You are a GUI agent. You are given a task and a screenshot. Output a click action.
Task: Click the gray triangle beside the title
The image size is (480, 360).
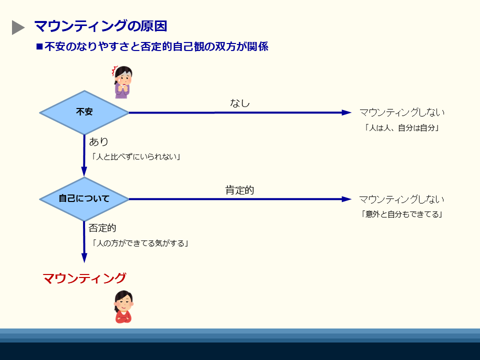point(18,27)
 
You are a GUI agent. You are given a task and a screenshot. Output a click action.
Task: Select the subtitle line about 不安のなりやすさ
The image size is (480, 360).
point(152,47)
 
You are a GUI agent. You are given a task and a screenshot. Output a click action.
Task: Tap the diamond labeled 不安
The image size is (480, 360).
point(84,112)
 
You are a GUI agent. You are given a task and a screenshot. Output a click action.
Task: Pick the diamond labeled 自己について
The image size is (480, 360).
point(84,198)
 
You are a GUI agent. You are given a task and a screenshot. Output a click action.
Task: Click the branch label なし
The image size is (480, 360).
point(239,103)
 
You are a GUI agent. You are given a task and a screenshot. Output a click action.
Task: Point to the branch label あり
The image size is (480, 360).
point(98,142)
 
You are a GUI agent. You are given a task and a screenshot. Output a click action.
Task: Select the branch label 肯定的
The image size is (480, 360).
point(239,190)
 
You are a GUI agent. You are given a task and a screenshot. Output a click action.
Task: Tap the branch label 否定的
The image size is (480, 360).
point(102,228)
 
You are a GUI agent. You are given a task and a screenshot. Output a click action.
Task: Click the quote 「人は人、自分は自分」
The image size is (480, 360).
point(401,127)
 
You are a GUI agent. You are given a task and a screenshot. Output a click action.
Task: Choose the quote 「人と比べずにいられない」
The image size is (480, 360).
point(136,156)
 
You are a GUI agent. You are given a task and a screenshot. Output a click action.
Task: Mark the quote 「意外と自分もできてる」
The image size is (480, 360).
point(401,214)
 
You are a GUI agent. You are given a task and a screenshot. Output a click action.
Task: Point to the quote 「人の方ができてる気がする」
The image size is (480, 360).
point(140,243)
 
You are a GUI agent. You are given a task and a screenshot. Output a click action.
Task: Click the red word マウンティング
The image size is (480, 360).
point(84,278)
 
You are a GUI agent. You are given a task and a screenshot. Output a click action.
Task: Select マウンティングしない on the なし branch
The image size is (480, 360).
point(401,112)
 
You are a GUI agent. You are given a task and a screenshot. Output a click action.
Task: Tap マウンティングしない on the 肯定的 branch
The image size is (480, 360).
point(401,199)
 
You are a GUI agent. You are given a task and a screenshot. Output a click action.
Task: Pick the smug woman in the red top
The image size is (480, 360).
point(123,307)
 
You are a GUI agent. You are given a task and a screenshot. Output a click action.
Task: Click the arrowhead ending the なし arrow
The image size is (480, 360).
point(346,112)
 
